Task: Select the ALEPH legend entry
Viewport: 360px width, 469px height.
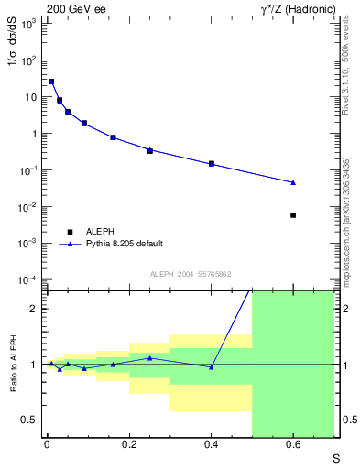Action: (100, 231)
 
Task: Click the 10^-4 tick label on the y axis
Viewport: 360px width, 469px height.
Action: (27, 279)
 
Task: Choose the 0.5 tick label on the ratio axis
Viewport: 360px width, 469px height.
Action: (29, 420)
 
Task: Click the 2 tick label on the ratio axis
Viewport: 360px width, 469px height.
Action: (35, 309)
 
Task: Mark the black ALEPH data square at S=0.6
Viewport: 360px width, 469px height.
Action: (293, 215)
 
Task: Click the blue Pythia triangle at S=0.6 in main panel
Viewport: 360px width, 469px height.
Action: (293, 182)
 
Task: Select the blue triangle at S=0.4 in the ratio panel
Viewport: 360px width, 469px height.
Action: (212, 367)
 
